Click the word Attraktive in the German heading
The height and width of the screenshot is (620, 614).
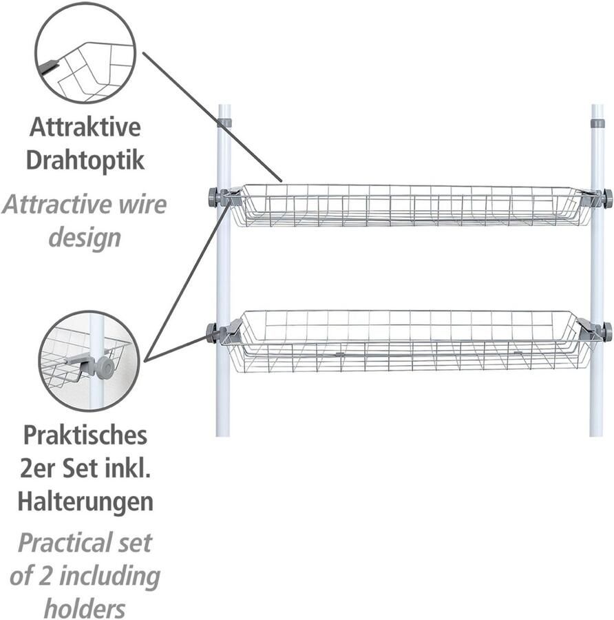[85, 127]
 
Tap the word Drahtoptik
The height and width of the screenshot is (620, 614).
[85, 161]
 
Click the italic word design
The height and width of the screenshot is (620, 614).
[85, 238]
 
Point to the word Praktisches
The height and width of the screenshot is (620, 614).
[85, 435]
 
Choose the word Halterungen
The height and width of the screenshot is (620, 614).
[85, 501]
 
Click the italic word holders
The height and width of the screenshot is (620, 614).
[85, 608]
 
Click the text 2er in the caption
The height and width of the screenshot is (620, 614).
[36, 468]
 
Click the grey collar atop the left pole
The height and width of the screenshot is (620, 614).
[224, 123]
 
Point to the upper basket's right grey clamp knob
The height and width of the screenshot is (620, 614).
[607, 198]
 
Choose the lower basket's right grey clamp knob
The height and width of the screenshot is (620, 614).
[607, 331]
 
